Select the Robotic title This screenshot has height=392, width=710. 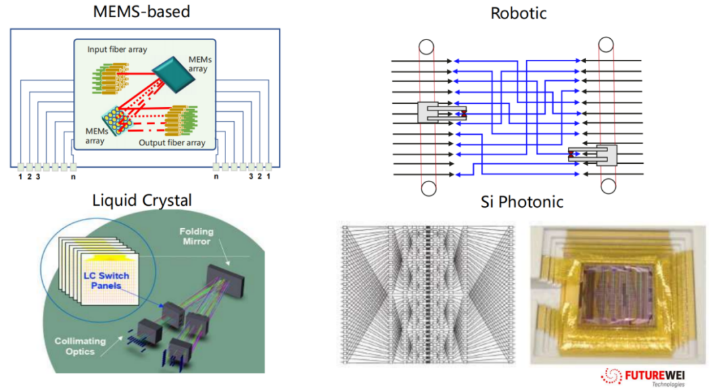click(518, 12)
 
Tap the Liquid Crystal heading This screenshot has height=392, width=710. click(143, 199)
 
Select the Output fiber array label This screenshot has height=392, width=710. click(172, 143)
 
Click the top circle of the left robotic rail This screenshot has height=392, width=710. click(427, 47)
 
